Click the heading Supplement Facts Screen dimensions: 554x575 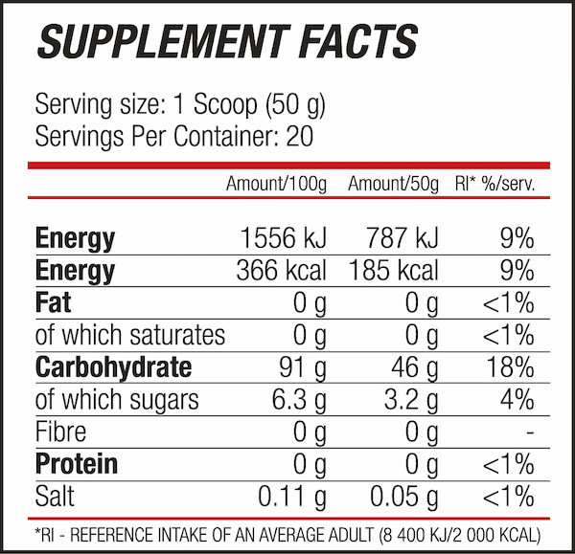226,41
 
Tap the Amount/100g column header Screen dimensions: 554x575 276,184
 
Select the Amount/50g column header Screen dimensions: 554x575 393,184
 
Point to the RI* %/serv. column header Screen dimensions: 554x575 494,184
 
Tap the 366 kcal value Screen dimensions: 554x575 281,271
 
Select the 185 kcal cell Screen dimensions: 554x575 393,271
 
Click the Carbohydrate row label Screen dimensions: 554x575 113,367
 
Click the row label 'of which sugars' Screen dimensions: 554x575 117,400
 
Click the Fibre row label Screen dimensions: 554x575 60,432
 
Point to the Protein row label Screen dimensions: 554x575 77,464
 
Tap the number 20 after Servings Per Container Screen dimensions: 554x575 299,136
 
